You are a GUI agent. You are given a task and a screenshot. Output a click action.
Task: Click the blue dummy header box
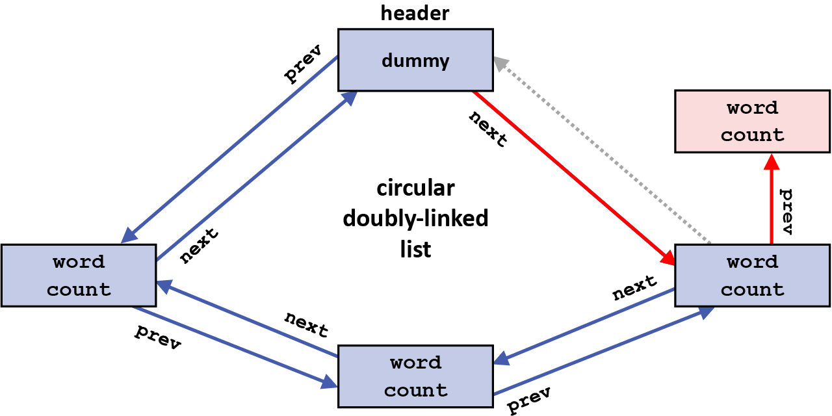(x=415, y=60)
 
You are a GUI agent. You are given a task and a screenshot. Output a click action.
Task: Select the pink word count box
(x=752, y=122)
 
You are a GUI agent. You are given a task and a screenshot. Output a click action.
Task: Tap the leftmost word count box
(x=79, y=276)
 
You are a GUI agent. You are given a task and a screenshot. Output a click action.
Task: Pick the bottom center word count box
(x=415, y=376)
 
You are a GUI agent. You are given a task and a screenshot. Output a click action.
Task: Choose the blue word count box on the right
(x=752, y=276)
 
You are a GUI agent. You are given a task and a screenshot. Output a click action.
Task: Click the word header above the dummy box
(x=415, y=12)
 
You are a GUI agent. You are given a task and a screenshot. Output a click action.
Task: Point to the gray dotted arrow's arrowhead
(x=500, y=63)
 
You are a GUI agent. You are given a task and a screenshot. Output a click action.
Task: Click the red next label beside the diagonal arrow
(x=488, y=128)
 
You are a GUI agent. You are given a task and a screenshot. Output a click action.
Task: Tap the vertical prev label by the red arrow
(x=786, y=211)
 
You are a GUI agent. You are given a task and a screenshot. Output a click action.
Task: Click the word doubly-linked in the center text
(x=415, y=219)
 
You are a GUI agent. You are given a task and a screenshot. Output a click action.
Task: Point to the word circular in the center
(x=415, y=188)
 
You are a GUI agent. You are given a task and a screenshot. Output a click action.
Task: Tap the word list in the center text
(x=415, y=249)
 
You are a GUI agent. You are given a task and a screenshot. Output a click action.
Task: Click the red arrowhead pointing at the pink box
(x=772, y=161)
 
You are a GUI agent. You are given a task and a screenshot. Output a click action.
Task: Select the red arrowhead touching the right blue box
(x=668, y=257)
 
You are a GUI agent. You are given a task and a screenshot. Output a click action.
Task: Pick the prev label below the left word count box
(x=157, y=337)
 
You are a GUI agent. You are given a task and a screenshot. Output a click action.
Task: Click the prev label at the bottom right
(x=529, y=399)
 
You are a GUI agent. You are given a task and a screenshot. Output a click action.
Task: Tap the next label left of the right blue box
(x=634, y=287)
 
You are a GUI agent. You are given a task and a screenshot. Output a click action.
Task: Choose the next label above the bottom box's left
(x=306, y=323)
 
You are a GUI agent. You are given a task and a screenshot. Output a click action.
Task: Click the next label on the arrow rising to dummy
(x=199, y=245)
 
